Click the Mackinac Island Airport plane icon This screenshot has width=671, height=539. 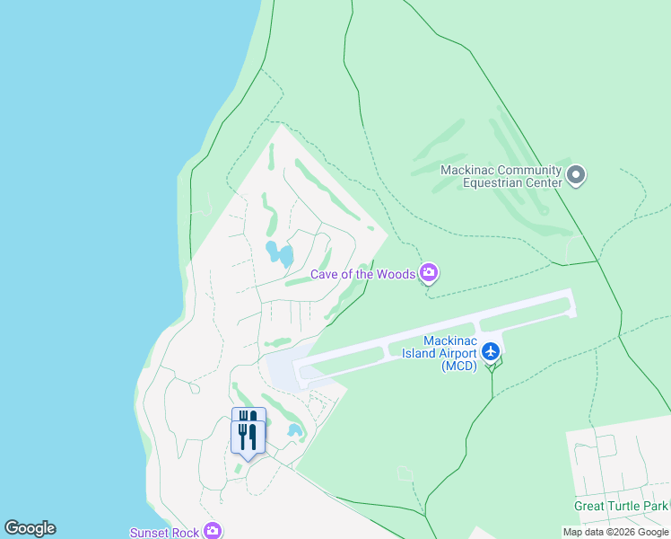(x=490, y=350)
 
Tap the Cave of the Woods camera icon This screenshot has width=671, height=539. (x=430, y=272)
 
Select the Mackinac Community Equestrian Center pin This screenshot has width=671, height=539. (x=576, y=174)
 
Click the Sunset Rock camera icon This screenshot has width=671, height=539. (x=213, y=532)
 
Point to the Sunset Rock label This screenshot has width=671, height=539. (x=164, y=533)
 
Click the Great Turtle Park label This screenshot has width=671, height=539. (x=621, y=507)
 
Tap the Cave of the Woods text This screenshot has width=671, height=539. (x=363, y=274)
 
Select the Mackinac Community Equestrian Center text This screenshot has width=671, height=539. (x=501, y=176)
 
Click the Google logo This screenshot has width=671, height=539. (x=30, y=528)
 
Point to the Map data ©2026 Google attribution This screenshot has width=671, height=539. (x=615, y=532)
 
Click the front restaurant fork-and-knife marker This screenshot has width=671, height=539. (x=248, y=438)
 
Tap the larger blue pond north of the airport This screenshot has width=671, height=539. (x=279, y=253)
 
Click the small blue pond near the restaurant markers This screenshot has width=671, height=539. (x=294, y=430)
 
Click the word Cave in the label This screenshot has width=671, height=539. (x=326, y=274)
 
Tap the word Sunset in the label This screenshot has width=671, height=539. (x=150, y=533)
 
